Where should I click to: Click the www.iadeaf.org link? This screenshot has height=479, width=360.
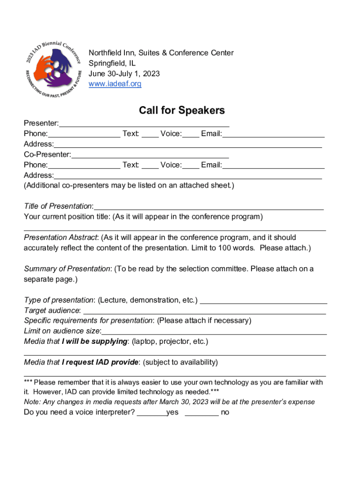pos(115,84)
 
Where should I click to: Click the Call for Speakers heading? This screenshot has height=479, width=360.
pos(182,110)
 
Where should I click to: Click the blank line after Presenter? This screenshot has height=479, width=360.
pos(144,125)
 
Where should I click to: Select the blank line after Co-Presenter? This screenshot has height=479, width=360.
pos(150,156)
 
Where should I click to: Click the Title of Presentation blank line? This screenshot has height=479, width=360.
pos(209,208)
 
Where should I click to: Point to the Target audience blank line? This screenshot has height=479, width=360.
pos(204,312)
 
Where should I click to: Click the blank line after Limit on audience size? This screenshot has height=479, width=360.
pos(214,332)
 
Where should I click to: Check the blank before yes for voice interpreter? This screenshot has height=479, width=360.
pos(151,414)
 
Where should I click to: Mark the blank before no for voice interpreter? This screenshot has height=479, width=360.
pos(202,414)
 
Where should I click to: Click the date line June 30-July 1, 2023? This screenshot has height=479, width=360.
pos(124,73)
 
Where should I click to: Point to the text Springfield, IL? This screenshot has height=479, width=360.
pos(112,63)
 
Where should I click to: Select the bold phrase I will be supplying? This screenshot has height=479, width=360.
pos(95,341)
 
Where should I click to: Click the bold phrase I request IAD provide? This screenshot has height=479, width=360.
pos(100,362)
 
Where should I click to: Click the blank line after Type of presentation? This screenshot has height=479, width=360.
pos(263,302)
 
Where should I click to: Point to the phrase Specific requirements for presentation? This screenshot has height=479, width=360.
pos(88,321)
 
